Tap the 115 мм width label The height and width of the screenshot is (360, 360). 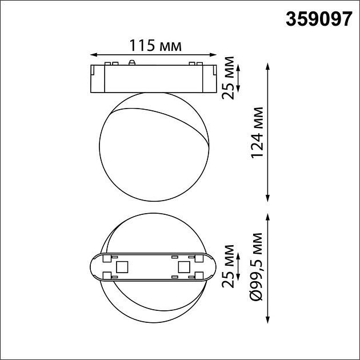tap(153, 46)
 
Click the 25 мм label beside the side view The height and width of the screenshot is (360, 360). tap(229, 78)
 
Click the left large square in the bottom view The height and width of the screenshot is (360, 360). tap(121, 267)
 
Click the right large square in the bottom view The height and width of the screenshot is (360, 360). tap(183, 267)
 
